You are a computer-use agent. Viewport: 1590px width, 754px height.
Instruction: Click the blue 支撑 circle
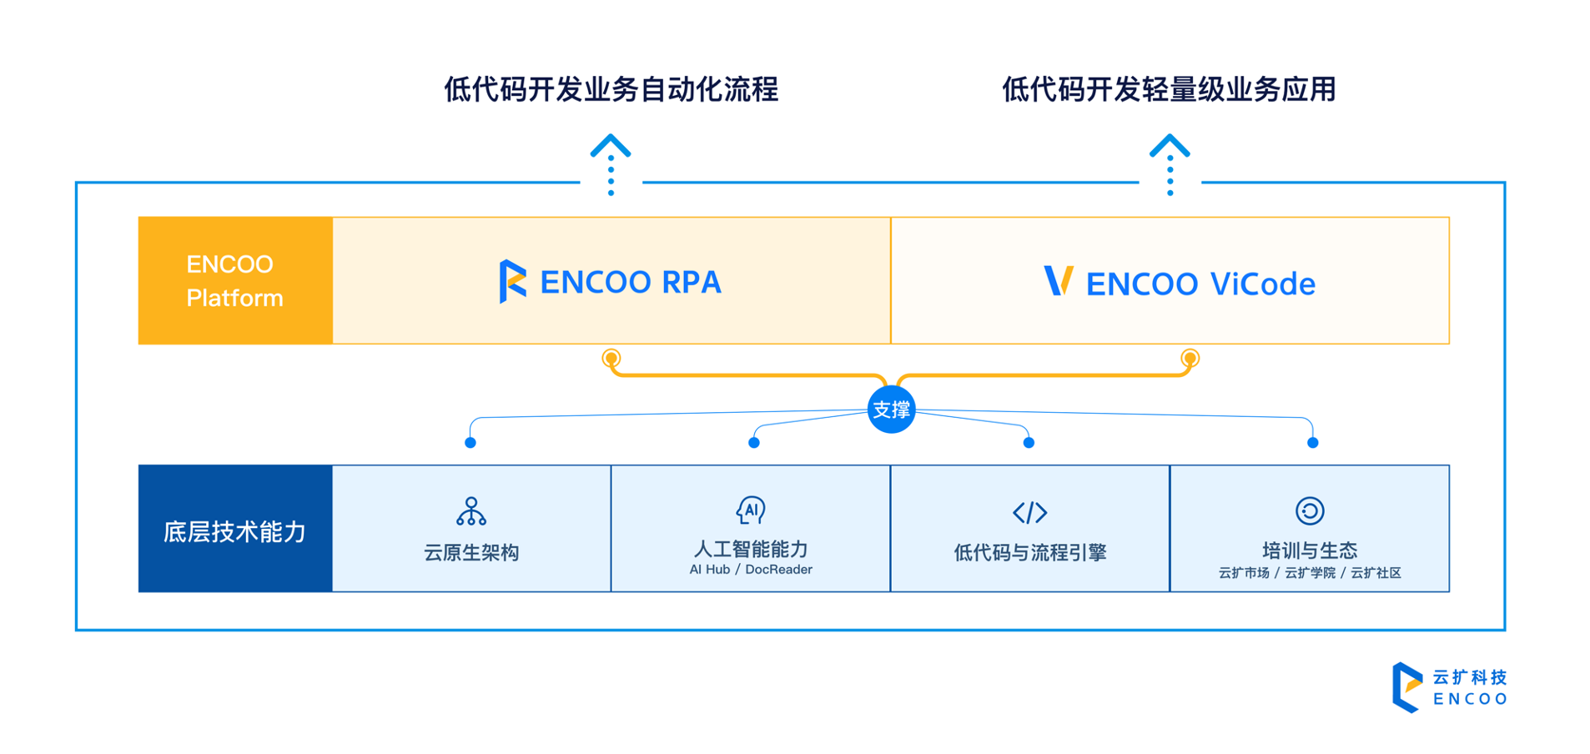[x=891, y=410]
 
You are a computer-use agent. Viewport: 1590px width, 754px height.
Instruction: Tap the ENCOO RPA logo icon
[x=512, y=281]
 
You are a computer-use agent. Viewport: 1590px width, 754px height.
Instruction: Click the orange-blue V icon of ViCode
[x=1058, y=281]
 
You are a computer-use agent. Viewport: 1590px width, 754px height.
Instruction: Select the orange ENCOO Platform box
[x=235, y=281]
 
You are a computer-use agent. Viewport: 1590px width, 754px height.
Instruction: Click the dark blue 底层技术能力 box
[x=235, y=529]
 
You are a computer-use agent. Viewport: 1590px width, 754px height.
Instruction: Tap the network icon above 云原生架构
[x=471, y=511]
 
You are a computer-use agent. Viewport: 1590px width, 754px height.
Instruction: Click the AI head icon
[x=751, y=510]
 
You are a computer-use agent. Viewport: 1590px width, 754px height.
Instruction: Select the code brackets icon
[x=1029, y=512]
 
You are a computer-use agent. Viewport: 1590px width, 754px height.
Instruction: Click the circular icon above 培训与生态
[x=1309, y=510]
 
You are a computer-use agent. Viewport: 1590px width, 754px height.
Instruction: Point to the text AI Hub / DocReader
[x=751, y=570]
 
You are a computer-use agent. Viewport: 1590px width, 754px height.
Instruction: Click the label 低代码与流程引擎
[x=1029, y=552]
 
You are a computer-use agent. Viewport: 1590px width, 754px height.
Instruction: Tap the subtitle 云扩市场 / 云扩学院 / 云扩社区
[x=1309, y=573]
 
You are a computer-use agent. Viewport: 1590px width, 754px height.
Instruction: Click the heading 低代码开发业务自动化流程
[x=611, y=89]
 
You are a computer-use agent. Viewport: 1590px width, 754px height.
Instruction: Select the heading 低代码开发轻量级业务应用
[x=1169, y=89]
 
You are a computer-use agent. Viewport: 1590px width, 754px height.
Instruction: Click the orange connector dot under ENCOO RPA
[x=611, y=359]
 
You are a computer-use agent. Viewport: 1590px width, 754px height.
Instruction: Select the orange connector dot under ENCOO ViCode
[x=1190, y=359]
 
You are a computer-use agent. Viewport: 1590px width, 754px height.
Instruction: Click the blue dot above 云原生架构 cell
[x=470, y=443]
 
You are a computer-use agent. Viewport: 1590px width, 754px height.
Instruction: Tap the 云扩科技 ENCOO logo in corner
[x=1450, y=687]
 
